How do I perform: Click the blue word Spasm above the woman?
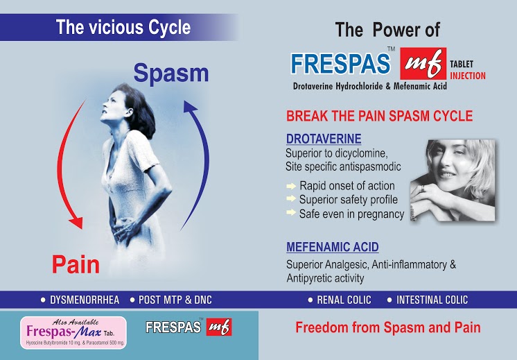[x=171, y=73]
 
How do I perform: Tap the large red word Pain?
[x=76, y=264]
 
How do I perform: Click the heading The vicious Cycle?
[x=123, y=27]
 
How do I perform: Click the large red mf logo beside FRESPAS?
[x=423, y=63]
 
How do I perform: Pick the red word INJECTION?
[x=468, y=76]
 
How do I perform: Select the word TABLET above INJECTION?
[x=462, y=64]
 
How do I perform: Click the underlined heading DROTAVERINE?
[x=324, y=139]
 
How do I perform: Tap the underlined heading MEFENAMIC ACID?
[x=333, y=247]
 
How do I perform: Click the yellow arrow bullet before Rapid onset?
[x=291, y=186]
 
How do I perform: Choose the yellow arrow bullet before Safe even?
[x=291, y=212]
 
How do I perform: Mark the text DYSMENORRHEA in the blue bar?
[x=85, y=300]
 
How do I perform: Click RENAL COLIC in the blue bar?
[x=344, y=300]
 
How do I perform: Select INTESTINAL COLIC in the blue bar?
[x=432, y=300]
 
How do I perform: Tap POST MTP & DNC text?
[x=175, y=300]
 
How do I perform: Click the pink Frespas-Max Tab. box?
[x=73, y=333]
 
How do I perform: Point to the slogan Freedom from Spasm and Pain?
[x=388, y=327]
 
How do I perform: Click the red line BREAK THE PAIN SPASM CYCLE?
[x=379, y=116]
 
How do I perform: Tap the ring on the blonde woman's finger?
[x=423, y=189]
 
